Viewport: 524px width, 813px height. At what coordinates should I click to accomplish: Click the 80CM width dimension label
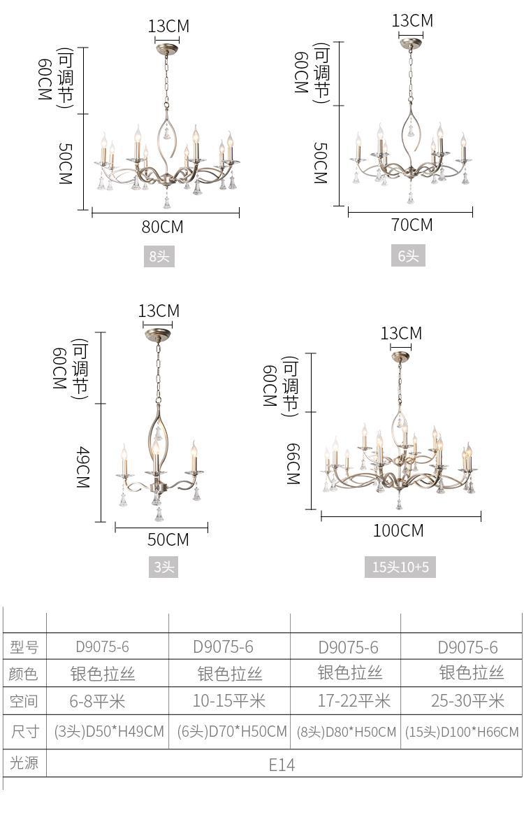pos(163,227)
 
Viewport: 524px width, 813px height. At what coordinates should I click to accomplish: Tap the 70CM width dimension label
pos(412,225)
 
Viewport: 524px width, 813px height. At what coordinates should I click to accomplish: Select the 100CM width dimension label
pos(398,530)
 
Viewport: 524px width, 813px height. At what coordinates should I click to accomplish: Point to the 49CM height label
pos(83,468)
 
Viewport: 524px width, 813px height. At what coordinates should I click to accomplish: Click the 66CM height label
pos(293,464)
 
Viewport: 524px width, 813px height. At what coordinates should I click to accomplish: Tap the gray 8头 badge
pos(159,256)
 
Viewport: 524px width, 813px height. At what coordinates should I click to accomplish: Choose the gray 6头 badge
pos(408,255)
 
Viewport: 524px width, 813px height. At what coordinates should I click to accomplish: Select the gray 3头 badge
pos(163,567)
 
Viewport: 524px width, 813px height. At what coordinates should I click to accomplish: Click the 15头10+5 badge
pos(400,567)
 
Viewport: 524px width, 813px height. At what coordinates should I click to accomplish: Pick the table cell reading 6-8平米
pos(97,702)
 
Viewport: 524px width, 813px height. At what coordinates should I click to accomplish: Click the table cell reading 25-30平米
pos(467,701)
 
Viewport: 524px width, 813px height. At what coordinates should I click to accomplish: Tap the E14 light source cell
pos(282,765)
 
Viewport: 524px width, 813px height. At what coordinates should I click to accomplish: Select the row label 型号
pos(24,646)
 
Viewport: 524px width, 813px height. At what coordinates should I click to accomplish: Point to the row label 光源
pos(24,763)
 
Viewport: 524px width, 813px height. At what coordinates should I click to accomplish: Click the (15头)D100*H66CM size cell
pos(462,732)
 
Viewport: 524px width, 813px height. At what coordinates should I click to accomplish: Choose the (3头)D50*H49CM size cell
pos(109,731)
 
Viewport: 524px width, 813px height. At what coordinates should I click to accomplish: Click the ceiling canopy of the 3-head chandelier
pos(158,334)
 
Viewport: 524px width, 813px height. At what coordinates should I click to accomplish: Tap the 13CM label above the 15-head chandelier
pos(401,333)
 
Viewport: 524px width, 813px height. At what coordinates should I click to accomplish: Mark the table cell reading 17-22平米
pos(354,701)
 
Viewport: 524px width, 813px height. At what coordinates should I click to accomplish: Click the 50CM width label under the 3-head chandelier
pos(168,539)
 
